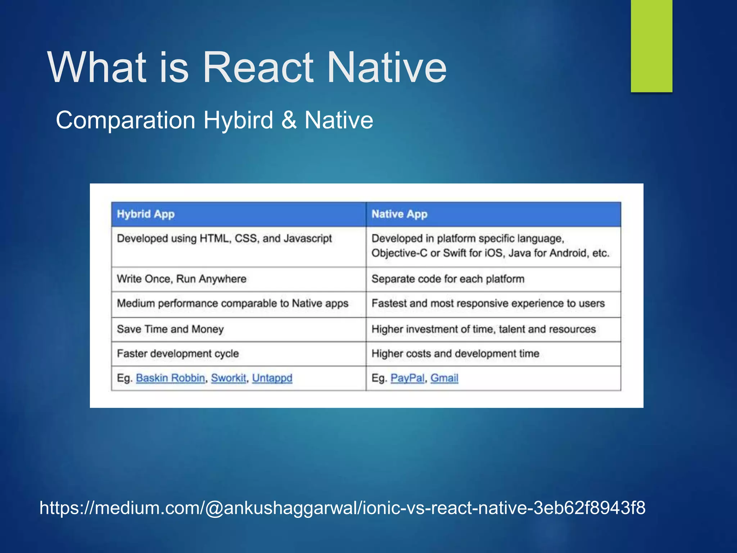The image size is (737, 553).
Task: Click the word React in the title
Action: (x=257, y=67)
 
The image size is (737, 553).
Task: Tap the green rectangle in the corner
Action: (x=651, y=46)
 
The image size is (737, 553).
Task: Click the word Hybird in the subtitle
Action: (x=238, y=120)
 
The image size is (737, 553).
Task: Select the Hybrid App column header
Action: (x=146, y=214)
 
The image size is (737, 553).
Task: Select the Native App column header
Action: (x=399, y=214)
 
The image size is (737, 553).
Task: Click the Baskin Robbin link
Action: (x=170, y=378)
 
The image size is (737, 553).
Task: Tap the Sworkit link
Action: (x=229, y=378)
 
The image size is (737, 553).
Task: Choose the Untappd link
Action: (x=272, y=378)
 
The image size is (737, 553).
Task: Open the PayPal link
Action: (x=407, y=378)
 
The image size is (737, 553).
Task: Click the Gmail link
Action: (x=444, y=378)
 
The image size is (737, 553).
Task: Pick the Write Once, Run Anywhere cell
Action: (x=182, y=279)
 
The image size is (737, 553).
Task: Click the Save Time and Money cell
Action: (x=170, y=329)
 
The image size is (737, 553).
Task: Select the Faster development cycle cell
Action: (x=178, y=354)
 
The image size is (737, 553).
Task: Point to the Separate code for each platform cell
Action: (x=448, y=279)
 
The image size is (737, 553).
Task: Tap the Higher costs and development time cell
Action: (x=455, y=354)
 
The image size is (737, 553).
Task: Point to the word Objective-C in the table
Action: (x=399, y=253)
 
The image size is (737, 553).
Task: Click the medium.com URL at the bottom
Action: (x=342, y=508)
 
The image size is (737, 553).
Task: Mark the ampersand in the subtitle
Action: (x=289, y=120)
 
